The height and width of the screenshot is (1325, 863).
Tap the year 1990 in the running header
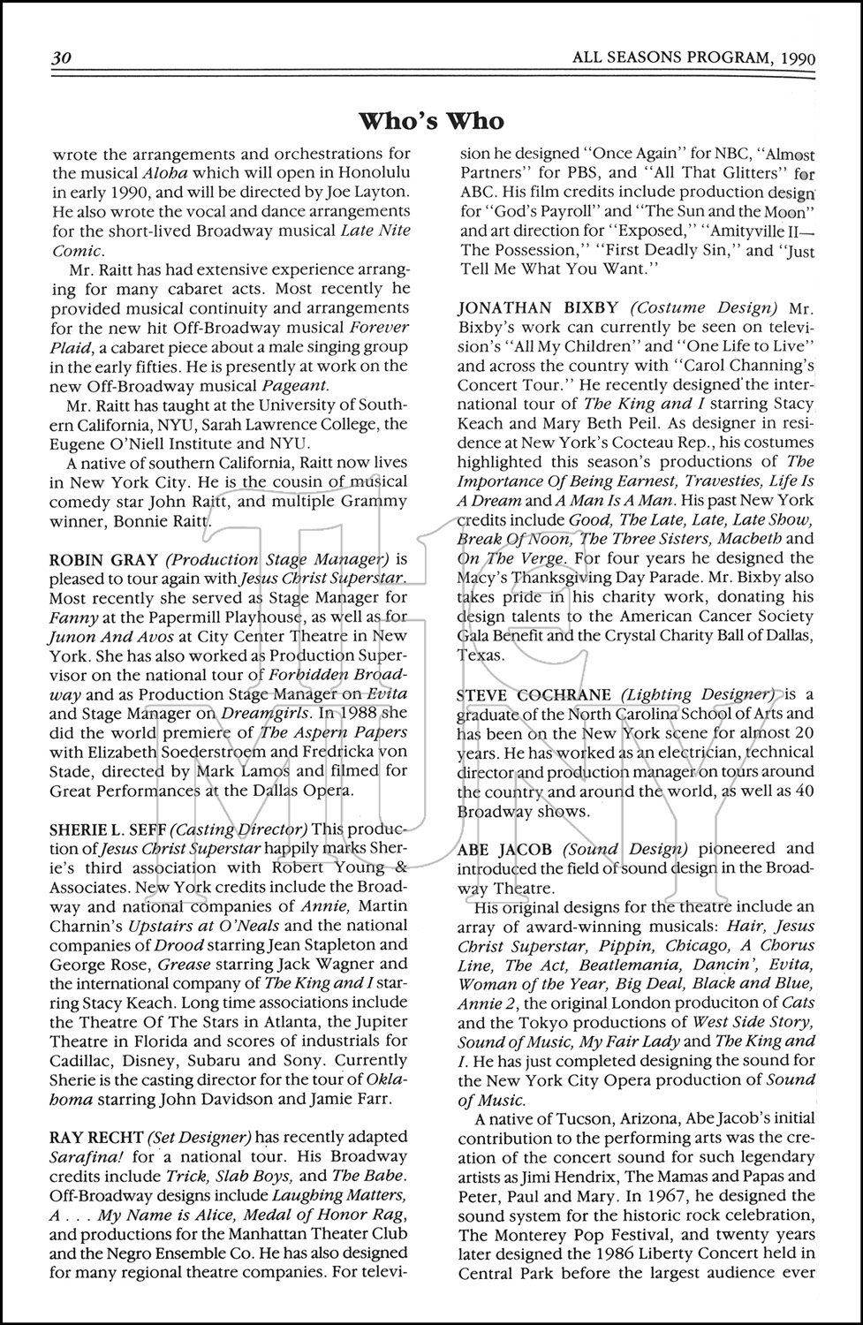pos(798,59)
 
